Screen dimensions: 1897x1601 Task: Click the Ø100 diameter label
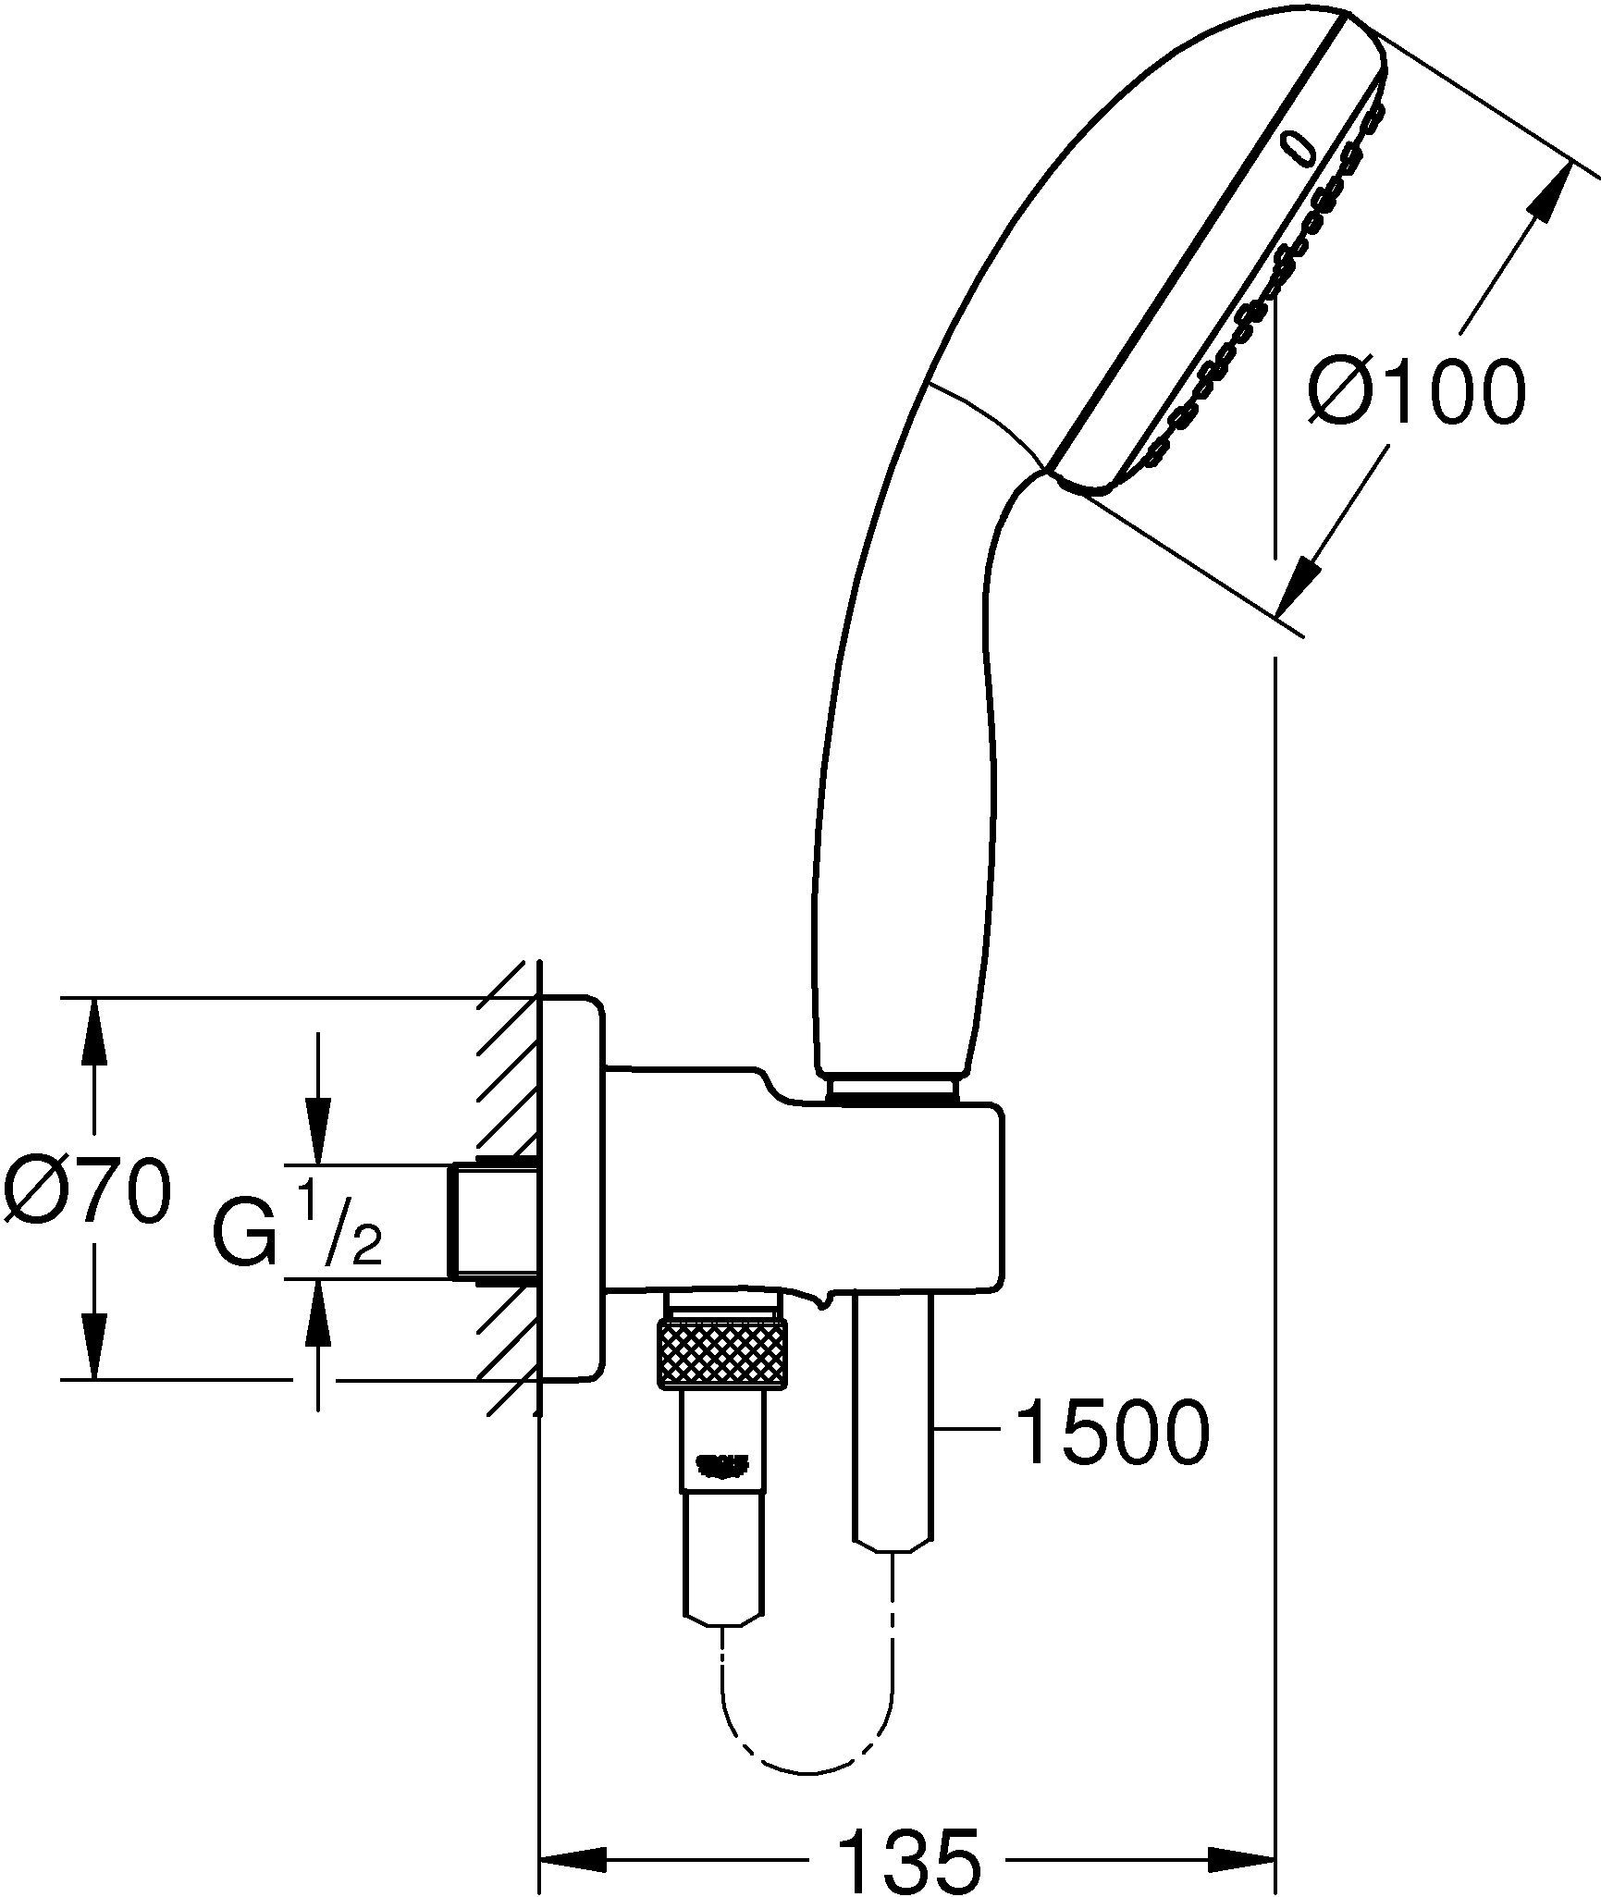[1415, 391]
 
